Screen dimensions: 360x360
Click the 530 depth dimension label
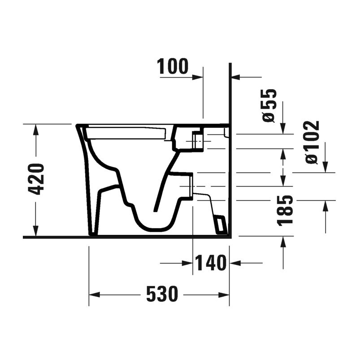(x=162, y=294)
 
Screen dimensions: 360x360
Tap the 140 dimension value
(x=210, y=263)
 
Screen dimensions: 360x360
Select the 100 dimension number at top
(x=173, y=67)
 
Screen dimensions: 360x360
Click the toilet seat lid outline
(x=126, y=133)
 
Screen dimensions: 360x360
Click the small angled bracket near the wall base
(x=221, y=225)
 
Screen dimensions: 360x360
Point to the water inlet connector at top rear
(x=197, y=139)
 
